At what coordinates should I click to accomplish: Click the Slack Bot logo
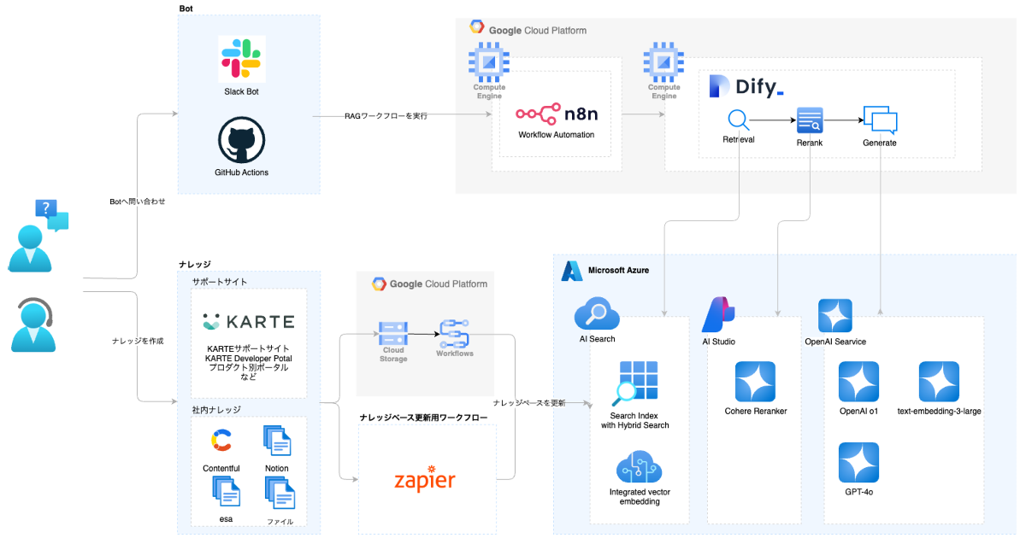(x=242, y=59)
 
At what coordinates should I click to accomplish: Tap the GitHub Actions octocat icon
(x=242, y=140)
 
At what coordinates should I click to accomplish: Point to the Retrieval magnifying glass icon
(x=738, y=120)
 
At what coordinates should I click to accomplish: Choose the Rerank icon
(x=809, y=120)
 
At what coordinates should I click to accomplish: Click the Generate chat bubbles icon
(x=880, y=120)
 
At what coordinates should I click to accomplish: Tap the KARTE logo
(x=249, y=322)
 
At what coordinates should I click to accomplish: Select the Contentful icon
(x=221, y=441)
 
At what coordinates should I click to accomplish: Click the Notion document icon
(x=277, y=441)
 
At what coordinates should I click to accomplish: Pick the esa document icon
(x=226, y=493)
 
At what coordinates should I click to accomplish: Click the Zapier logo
(x=425, y=479)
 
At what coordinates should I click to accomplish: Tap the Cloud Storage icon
(x=392, y=333)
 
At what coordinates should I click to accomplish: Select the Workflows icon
(x=454, y=333)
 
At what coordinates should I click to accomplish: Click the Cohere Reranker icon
(x=755, y=382)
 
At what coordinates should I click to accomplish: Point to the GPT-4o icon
(x=858, y=463)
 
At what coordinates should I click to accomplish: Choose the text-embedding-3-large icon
(x=939, y=382)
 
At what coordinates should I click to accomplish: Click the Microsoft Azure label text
(x=618, y=271)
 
